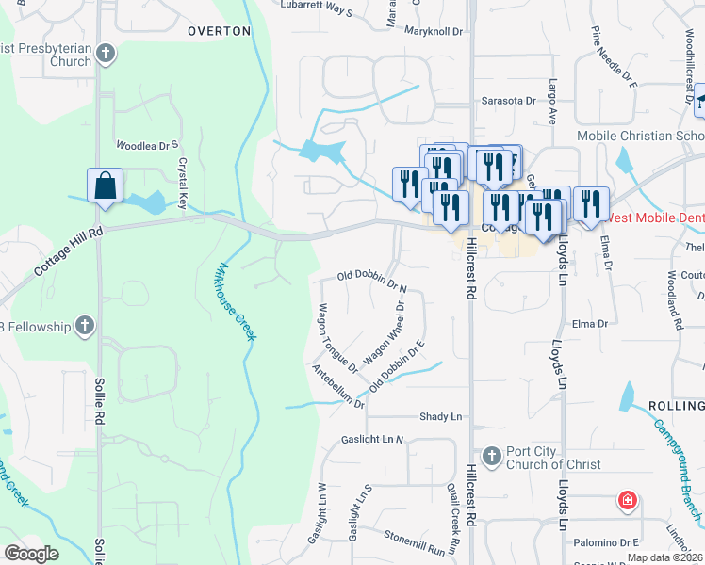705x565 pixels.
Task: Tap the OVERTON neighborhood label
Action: point(219,31)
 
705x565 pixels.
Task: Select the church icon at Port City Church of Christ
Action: point(490,457)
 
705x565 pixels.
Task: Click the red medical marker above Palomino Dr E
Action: point(626,500)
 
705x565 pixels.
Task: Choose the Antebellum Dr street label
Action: point(338,387)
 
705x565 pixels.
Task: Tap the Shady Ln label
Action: point(442,416)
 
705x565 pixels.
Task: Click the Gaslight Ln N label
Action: point(372,439)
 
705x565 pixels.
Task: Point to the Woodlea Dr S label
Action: point(147,146)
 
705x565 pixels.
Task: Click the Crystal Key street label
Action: point(183,183)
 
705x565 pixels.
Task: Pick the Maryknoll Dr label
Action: point(434,31)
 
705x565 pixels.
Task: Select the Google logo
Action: point(32,553)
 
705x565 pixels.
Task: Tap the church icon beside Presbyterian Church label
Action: point(106,53)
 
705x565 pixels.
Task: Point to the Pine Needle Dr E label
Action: point(615,57)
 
